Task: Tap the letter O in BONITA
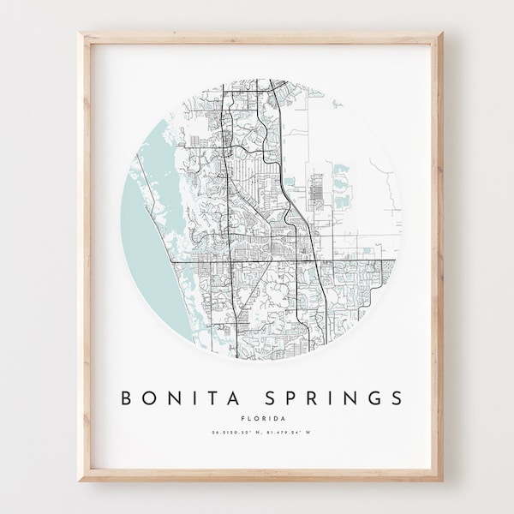(x=149, y=398)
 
